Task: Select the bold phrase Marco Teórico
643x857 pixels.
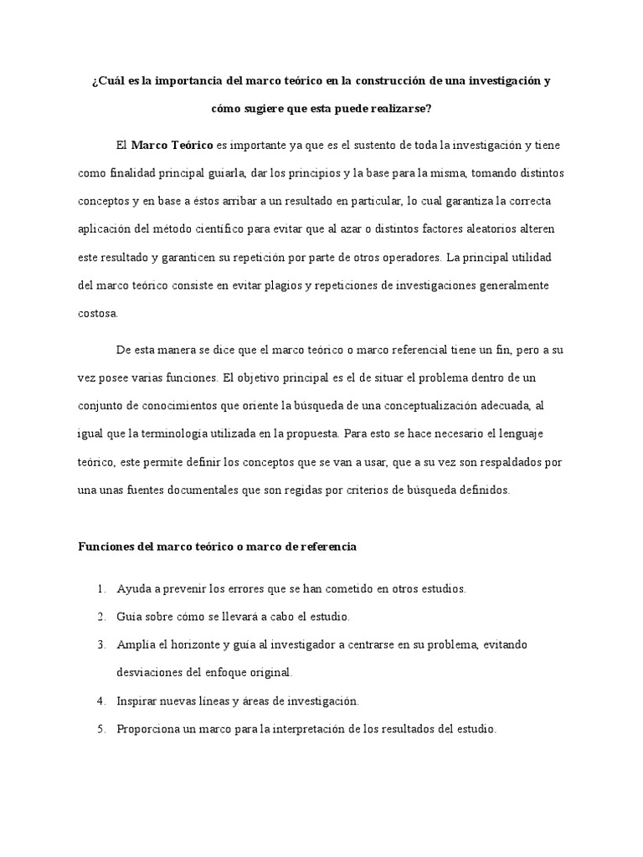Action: [x=172, y=146]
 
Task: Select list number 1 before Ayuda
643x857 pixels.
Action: [x=100, y=589]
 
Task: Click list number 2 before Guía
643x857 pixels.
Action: [x=100, y=617]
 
